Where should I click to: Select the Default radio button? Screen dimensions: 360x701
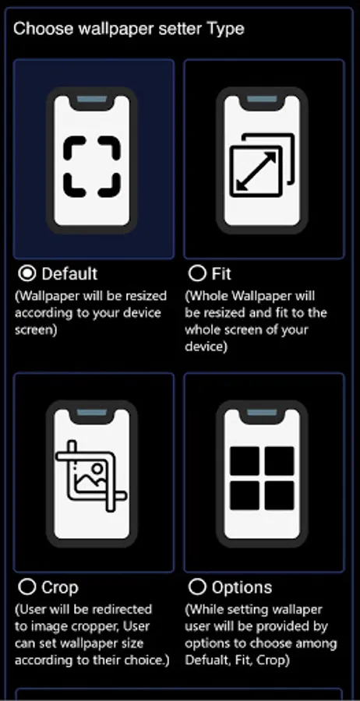coord(27,273)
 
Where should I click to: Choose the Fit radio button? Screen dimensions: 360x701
coord(197,273)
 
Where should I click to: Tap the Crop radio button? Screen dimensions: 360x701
coord(27,587)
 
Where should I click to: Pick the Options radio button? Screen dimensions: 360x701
coord(197,587)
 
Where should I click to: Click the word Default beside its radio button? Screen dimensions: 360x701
coord(69,273)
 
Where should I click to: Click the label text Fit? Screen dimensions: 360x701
coord(221,273)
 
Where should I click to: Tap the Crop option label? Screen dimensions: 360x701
coord(60,587)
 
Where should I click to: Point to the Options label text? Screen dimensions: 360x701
coord(242,587)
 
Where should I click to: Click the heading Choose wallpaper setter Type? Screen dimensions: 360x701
coord(129,29)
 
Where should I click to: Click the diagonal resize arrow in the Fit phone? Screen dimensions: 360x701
coord(256,171)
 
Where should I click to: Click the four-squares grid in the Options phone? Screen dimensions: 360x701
coord(262,479)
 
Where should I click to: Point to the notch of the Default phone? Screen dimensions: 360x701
coord(92,101)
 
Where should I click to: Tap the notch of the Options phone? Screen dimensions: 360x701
coord(262,414)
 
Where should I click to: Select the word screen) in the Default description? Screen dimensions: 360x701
coord(36,330)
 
